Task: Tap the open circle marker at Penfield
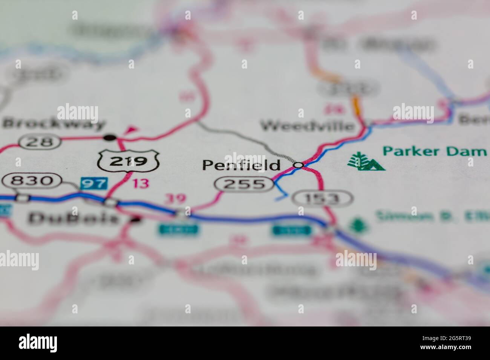(x=299, y=165)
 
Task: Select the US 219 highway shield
(x=128, y=161)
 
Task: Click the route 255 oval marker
(x=245, y=184)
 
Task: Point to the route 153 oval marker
(x=323, y=198)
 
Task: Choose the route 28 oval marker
(x=40, y=142)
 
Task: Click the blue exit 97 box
(x=94, y=184)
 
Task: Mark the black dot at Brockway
(x=110, y=138)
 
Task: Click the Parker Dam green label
(x=434, y=151)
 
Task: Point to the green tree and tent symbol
(x=366, y=162)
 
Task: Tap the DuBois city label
(x=73, y=218)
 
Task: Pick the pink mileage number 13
(x=141, y=184)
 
